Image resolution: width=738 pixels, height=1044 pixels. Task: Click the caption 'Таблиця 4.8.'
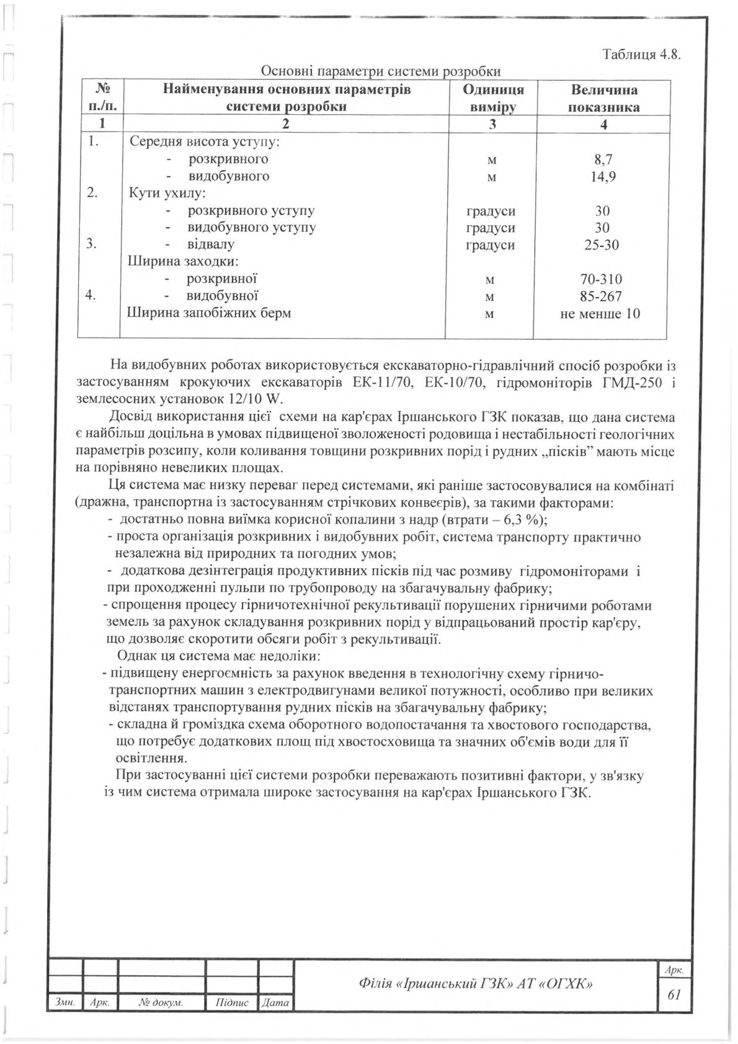tap(641, 54)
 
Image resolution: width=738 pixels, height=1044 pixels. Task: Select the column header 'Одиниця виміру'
tap(493, 98)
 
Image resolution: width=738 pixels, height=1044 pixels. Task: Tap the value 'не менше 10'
tap(600, 313)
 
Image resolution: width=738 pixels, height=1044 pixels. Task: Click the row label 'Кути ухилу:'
tap(162, 194)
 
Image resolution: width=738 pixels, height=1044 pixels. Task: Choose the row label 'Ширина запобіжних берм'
tap(209, 313)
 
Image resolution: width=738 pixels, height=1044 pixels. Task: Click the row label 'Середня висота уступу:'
tap(205, 142)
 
